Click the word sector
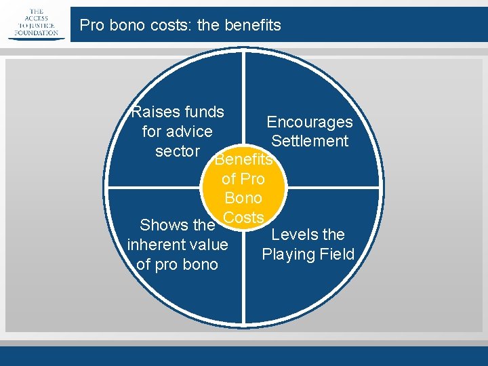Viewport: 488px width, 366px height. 177,151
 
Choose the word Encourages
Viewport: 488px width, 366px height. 310,122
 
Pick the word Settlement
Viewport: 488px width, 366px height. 310,141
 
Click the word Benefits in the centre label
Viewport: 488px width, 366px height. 243,161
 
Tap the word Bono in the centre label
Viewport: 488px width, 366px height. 243,199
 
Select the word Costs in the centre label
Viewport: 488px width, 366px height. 243,218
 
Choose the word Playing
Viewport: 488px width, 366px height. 287,254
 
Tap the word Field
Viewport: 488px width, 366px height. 335,254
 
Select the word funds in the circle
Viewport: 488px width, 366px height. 202,112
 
